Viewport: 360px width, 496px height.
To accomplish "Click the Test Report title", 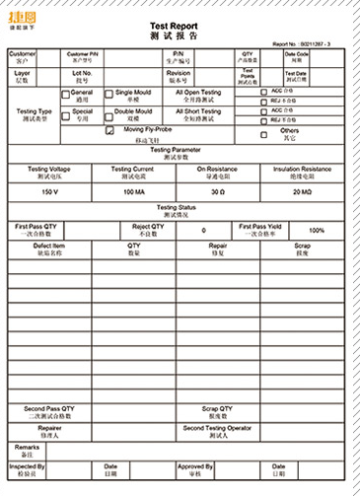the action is (x=180, y=27).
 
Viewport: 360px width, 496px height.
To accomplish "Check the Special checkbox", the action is (x=66, y=113).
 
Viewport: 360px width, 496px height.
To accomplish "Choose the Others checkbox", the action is (x=262, y=130).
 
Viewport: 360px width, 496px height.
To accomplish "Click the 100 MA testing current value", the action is (x=135, y=191).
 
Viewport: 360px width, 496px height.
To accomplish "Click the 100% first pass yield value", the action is (x=317, y=230).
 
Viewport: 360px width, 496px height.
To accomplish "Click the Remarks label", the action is (x=27, y=450).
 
